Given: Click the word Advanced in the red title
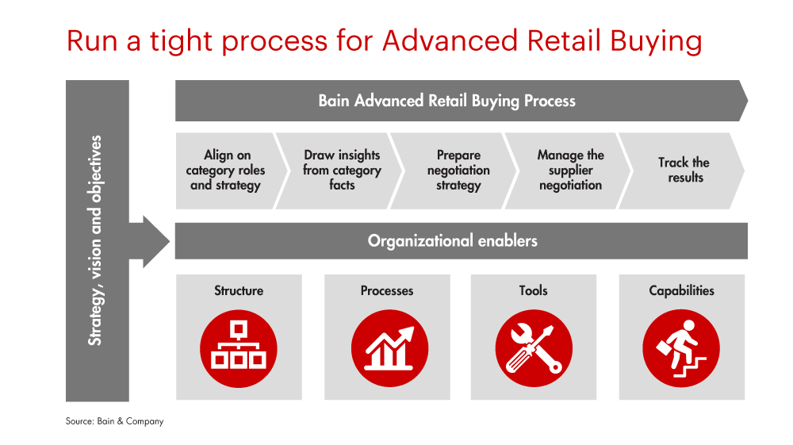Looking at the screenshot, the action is point(450,40).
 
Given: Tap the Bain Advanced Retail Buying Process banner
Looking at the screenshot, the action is point(462,101).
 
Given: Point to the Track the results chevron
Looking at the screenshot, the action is point(683,171).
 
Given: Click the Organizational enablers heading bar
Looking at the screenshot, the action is point(462,240).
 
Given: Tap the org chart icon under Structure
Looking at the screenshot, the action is point(239,348).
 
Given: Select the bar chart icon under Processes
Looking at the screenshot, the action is point(389,348).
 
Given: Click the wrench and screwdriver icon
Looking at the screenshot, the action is point(534,348).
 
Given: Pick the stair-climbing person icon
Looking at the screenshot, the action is point(681,348).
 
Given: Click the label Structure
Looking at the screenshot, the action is point(239,290).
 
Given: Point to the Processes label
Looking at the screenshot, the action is point(387,290).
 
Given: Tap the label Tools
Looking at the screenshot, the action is point(533,290).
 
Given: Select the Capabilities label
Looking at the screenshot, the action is point(682,291).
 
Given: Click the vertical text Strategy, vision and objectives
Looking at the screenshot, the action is point(95,240).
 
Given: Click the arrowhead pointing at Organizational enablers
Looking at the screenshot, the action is point(155,242).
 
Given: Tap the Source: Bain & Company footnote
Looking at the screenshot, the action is point(115,421).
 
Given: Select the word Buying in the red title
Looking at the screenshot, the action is point(656,41).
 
